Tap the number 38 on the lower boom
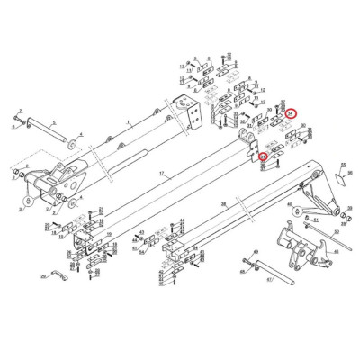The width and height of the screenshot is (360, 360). coord(223,205)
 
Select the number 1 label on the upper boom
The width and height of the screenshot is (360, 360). coord(129,120)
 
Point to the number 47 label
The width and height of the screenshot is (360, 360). coord(267,281)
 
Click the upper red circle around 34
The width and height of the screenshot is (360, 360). coord(291,113)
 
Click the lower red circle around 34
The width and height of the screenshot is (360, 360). coord(264,158)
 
